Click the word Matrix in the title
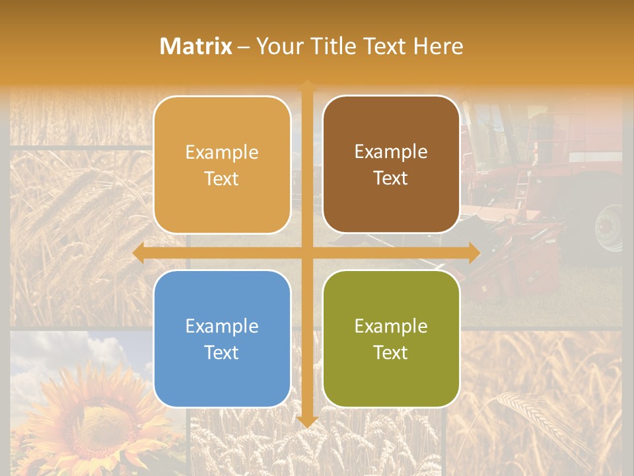196,46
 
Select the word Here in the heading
438,46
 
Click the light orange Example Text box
222,165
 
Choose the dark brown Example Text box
391,165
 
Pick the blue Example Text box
222,338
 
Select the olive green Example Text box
391,338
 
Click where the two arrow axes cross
307,253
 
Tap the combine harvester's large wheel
609,227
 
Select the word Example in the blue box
222,326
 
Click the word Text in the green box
391,352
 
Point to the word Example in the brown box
391,151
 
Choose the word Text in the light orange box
222,178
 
